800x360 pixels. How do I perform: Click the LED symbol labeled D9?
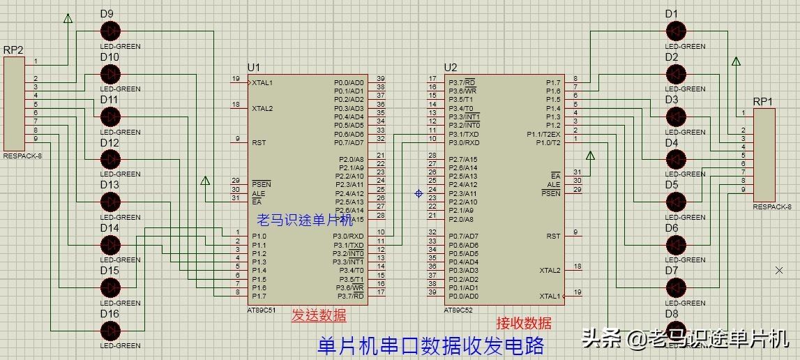[110, 31]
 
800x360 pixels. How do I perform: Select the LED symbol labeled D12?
[110, 159]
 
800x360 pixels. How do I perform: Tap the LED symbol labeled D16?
[110, 330]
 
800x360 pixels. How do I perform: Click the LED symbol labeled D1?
[675, 31]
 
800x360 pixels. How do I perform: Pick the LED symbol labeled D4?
[675, 159]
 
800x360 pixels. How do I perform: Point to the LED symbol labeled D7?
[675, 287]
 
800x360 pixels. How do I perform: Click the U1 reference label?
[253, 67]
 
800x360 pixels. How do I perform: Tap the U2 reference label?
[451, 67]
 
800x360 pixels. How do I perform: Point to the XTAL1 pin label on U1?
[263, 83]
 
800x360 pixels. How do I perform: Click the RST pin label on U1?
[258, 142]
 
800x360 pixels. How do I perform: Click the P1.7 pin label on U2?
[552, 83]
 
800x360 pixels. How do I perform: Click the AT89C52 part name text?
[458, 309]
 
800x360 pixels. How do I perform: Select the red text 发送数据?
[319, 315]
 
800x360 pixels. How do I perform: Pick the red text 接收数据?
[524, 323]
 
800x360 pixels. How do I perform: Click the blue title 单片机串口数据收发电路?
[430, 345]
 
